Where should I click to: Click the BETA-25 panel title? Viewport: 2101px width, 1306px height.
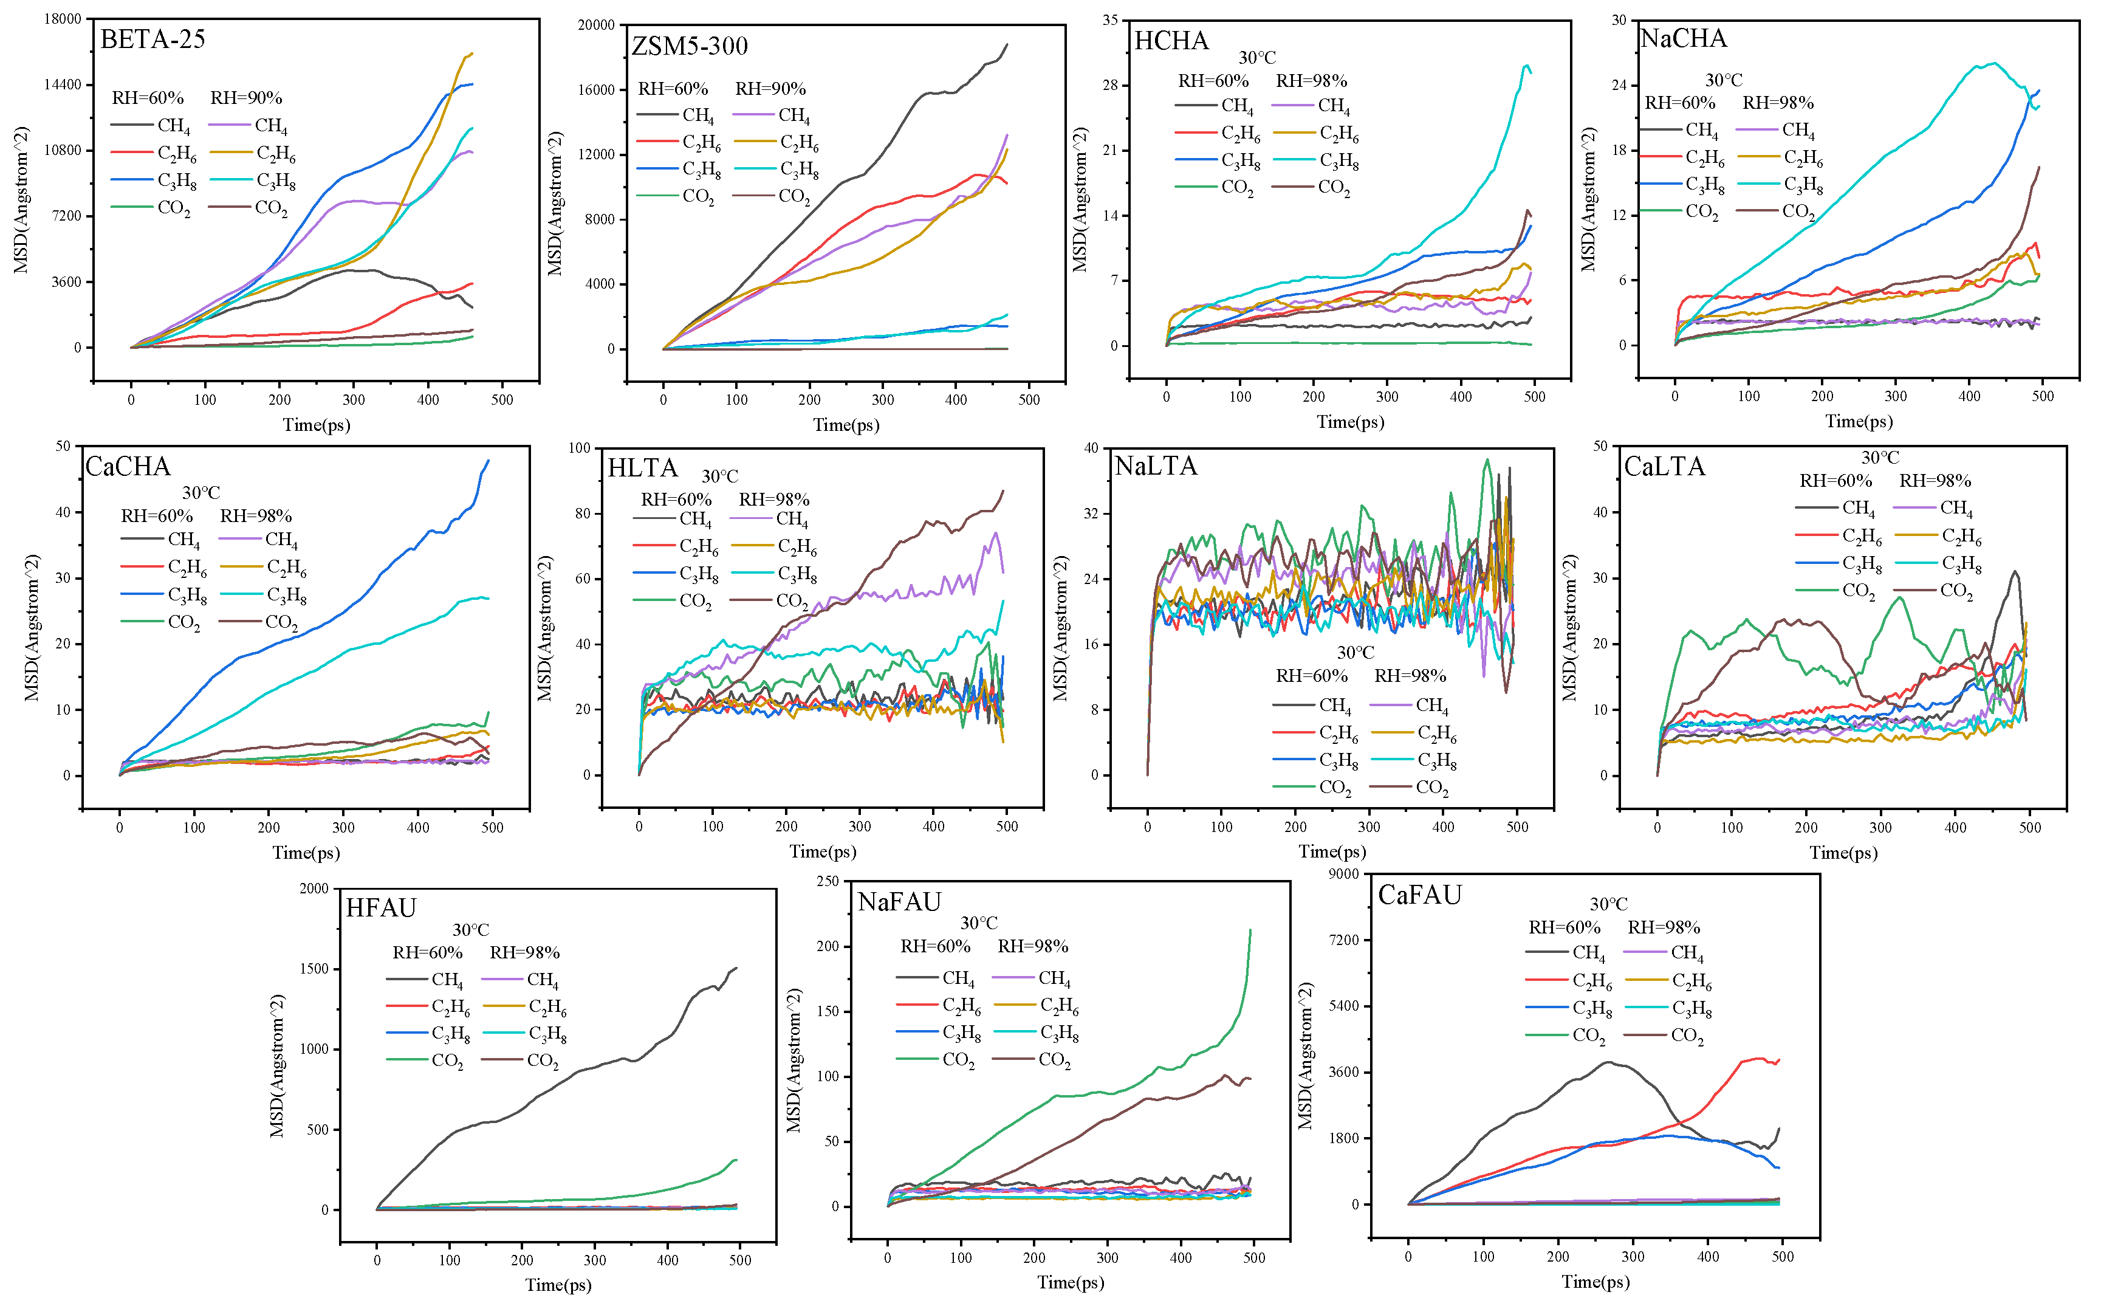(x=153, y=40)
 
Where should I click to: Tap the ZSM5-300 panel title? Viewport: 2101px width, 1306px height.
(x=690, y=46)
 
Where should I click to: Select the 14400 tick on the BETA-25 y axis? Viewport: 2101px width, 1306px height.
(x=63, y=84)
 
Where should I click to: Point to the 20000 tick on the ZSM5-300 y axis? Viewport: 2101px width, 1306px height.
(x=596, y=25)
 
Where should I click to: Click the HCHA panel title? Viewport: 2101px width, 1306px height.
(x=1171, y=41)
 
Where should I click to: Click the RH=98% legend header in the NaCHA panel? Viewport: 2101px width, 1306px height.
(x=1778, y=103)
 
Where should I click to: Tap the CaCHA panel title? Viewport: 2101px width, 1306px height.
(x=128, y=467)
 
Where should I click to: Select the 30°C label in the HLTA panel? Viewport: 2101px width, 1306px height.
(x=719, y=476)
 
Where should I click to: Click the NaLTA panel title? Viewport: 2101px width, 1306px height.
(x=1156, y=467)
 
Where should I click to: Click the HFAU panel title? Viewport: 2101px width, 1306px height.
(x=381, y=908)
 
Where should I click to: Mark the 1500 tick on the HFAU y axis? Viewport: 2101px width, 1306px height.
(x=314, y=969)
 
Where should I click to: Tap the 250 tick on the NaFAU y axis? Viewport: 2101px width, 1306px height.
(x=828, y=881)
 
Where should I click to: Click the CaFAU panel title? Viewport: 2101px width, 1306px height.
(x=1420, y=895)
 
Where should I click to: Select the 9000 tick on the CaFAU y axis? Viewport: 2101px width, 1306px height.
(x=1344, y=874)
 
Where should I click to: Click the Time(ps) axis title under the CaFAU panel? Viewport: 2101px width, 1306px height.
(x=1596, y=1282)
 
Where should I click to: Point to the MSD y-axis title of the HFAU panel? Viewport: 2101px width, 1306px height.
(x=277, y=1066)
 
